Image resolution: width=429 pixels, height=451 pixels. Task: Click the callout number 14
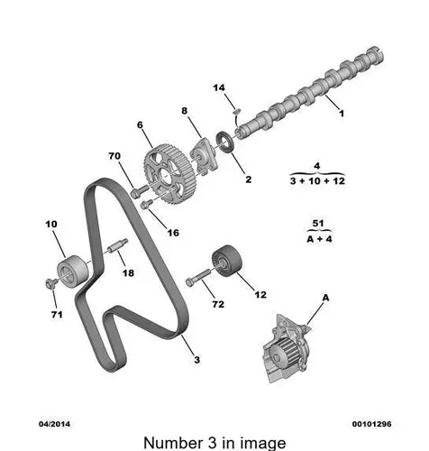[x=218, y=87]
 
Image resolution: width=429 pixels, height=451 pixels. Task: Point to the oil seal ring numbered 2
[x=226, y=142]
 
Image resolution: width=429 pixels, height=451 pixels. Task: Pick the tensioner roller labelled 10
[x=68, y=268]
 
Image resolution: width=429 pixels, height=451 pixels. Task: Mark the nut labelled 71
[x=48, y=285]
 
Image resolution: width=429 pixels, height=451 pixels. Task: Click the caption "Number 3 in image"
[x=214, y=441]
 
